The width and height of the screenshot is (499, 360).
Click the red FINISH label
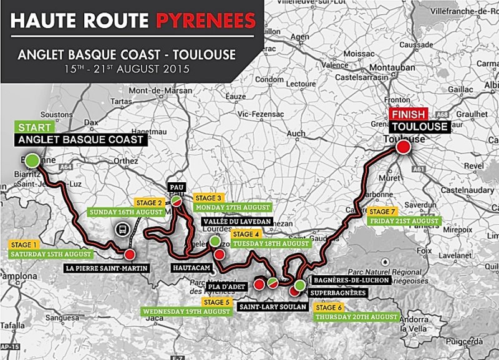(407, 115)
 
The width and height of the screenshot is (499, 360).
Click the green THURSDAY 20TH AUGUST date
(356, 317)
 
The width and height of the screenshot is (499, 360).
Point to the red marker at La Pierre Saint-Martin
(129, 255)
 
